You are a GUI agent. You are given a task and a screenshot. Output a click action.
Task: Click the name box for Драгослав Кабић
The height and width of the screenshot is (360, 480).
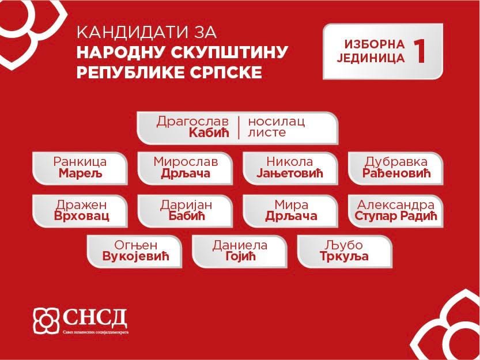click(x=237, y=128)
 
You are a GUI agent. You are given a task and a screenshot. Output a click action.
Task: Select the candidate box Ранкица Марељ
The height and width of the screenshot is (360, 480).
click(x=80, y=168)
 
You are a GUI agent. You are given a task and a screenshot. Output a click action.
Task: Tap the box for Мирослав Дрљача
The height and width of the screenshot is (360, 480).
click(x=185, y=168)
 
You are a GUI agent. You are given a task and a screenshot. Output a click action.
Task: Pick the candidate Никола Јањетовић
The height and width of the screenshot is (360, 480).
click(x=290, y=168)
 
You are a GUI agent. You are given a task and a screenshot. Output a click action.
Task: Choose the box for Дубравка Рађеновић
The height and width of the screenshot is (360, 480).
click(x=396, y=168)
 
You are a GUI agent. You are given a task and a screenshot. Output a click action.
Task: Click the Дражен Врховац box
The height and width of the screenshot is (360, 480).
click(x=80, y=211)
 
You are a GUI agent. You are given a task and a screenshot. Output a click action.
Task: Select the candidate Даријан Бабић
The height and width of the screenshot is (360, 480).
click(x=185, y=211)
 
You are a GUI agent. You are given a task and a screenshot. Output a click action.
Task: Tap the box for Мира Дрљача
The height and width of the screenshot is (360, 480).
click(x=290, y=211)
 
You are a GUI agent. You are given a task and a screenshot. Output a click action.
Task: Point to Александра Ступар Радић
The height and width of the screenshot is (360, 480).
click(x=396, y=211)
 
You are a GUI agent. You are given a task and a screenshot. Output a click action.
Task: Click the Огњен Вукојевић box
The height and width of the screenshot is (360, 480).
click(x=134, y=251)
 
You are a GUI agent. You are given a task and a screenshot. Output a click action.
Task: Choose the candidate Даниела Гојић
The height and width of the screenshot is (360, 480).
click(x=240, y=251)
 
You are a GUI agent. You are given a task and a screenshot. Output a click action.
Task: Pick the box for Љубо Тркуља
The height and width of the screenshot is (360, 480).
click(x=345, y=251)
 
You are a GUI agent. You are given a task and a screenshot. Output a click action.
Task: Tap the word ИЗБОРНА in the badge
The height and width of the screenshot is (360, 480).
click(x=375, y=44)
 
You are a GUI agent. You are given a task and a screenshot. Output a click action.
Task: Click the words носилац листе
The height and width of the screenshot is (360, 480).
click(x=277, y=127)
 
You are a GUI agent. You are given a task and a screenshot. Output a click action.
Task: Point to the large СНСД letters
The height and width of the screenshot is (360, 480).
click(x=95, y=319)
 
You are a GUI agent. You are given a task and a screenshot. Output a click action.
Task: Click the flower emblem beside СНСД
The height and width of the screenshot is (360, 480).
click(x=46, y=320)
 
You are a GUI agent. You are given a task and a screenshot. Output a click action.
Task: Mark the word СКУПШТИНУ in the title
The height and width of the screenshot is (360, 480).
click(x=229, y=52)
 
